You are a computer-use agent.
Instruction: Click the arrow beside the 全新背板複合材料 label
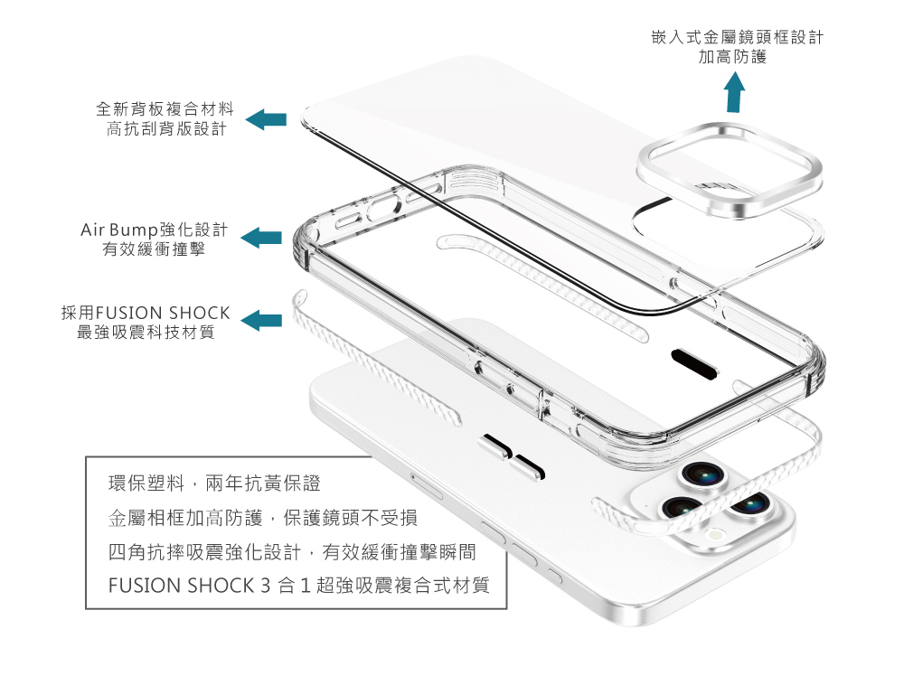coord(266,118)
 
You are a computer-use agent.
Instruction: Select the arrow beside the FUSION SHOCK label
coord(262,320)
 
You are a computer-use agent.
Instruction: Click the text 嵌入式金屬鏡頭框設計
coord(737,38)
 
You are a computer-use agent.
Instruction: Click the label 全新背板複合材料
coord(165,110)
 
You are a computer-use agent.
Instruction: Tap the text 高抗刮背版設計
coord(165,129)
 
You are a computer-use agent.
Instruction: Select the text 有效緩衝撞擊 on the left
coord(154,248)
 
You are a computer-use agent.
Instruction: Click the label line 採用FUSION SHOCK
coord(146,313)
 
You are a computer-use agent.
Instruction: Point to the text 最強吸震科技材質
coord(146,332)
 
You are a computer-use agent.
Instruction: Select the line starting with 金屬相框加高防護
coord(262,518)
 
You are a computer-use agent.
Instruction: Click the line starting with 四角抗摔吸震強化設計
coord(292,551)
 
